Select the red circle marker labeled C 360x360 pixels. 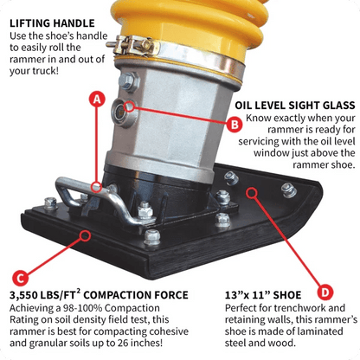click(20, 278)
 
